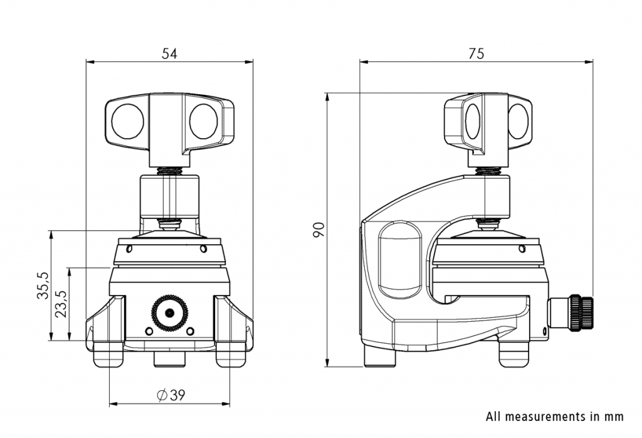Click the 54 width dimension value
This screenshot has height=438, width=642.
169,54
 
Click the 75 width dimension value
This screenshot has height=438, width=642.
476,54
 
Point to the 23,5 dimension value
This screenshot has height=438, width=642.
60,304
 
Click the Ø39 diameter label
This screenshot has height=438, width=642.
170,395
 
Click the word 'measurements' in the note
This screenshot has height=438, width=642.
545,416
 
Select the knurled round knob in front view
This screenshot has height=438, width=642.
169,312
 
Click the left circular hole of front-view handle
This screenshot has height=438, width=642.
127,121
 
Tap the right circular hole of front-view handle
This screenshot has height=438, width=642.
203,121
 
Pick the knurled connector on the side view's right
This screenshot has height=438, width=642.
580,312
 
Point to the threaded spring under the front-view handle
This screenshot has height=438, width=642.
169,171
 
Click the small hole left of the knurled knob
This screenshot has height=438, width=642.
149,330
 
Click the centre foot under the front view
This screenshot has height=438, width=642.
169,358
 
